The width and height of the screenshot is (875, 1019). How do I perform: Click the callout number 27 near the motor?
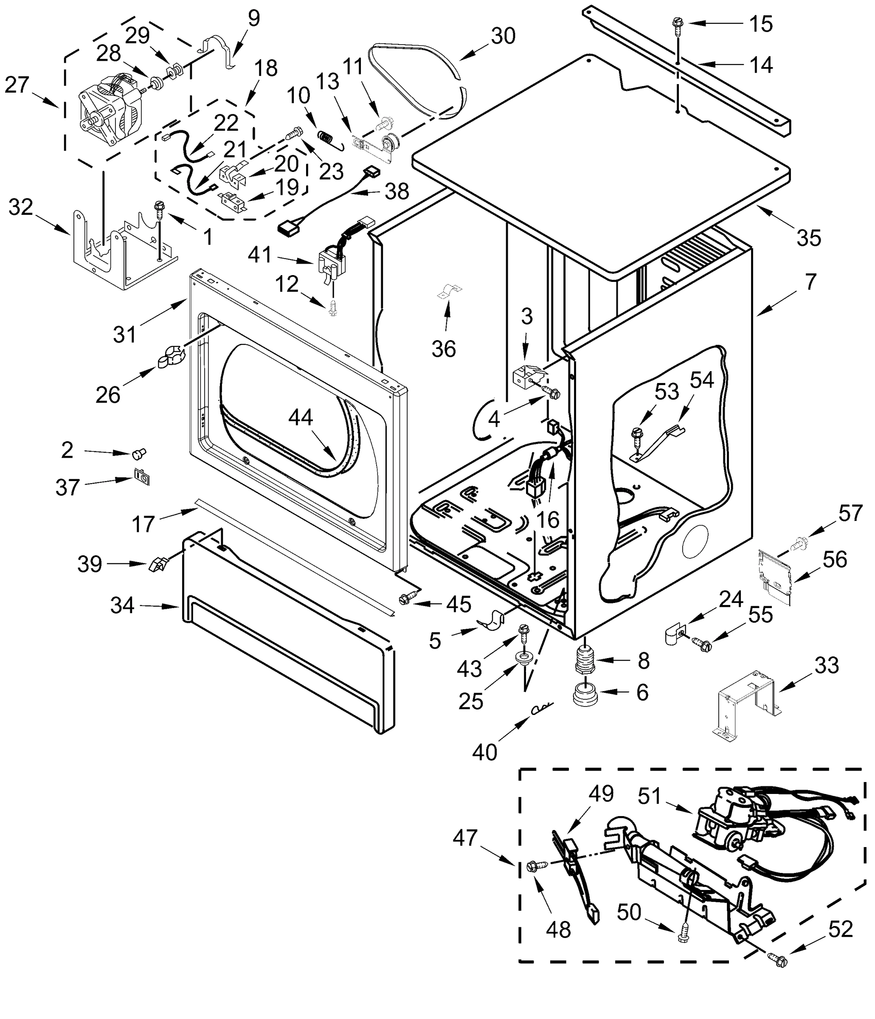click(18, 84)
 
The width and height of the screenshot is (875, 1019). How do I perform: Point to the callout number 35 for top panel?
click(809, 239)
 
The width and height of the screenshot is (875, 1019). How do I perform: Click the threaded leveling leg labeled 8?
click(584, 660)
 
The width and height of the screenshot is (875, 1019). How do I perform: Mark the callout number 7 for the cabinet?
click(810, 282)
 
